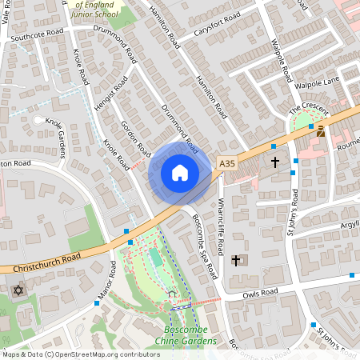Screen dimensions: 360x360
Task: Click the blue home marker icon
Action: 179,172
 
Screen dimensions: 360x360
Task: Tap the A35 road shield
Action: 228,163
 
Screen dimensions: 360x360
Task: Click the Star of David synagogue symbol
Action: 17,290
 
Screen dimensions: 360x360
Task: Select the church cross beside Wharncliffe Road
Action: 236,261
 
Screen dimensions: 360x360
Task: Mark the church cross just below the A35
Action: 274,162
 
